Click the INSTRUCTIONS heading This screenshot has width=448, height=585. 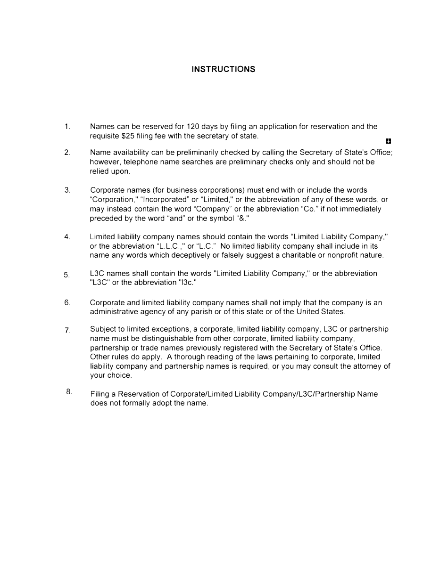(x=224, y=69)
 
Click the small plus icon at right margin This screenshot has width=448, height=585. (x=388, y=141)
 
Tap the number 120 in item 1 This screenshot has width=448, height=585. (x=193, y=127)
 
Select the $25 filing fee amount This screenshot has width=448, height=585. (x=128, y=136)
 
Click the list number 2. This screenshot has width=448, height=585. (x=67, y=153)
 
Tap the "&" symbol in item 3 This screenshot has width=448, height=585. (x=243, y=219)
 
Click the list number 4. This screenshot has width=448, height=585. (x=67, y=237)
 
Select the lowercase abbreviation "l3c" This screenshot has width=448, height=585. (x=186, y=283)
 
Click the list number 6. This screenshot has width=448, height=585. (x=67, y=303)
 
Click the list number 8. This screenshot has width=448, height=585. (x=69, y=392)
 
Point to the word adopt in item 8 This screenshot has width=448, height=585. (x=163, y=404)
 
